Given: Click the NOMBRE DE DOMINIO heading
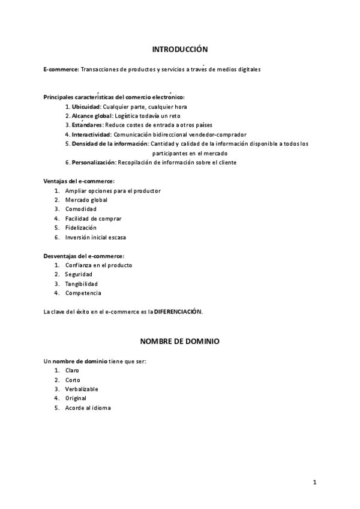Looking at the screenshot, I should point(179,341).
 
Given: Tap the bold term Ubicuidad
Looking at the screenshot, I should point(91,106).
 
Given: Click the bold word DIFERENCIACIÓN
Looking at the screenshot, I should point(178,312).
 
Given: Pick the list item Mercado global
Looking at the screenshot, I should point(86,199).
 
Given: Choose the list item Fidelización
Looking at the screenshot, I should point(81,227).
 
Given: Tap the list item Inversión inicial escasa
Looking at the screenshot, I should point(96,237).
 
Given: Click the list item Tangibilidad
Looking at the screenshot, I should point(82,283).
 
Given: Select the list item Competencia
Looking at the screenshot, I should point(83,293).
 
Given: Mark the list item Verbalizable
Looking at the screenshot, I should point(82,389).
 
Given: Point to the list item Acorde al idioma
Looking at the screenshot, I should point(88,408).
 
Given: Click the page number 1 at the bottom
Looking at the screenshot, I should point(314,482).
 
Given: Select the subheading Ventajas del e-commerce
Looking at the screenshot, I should point(79,181).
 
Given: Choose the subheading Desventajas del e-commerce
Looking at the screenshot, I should point(83,256).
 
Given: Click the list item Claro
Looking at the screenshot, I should point(72,370).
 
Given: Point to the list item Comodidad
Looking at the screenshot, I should point(81,209).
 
